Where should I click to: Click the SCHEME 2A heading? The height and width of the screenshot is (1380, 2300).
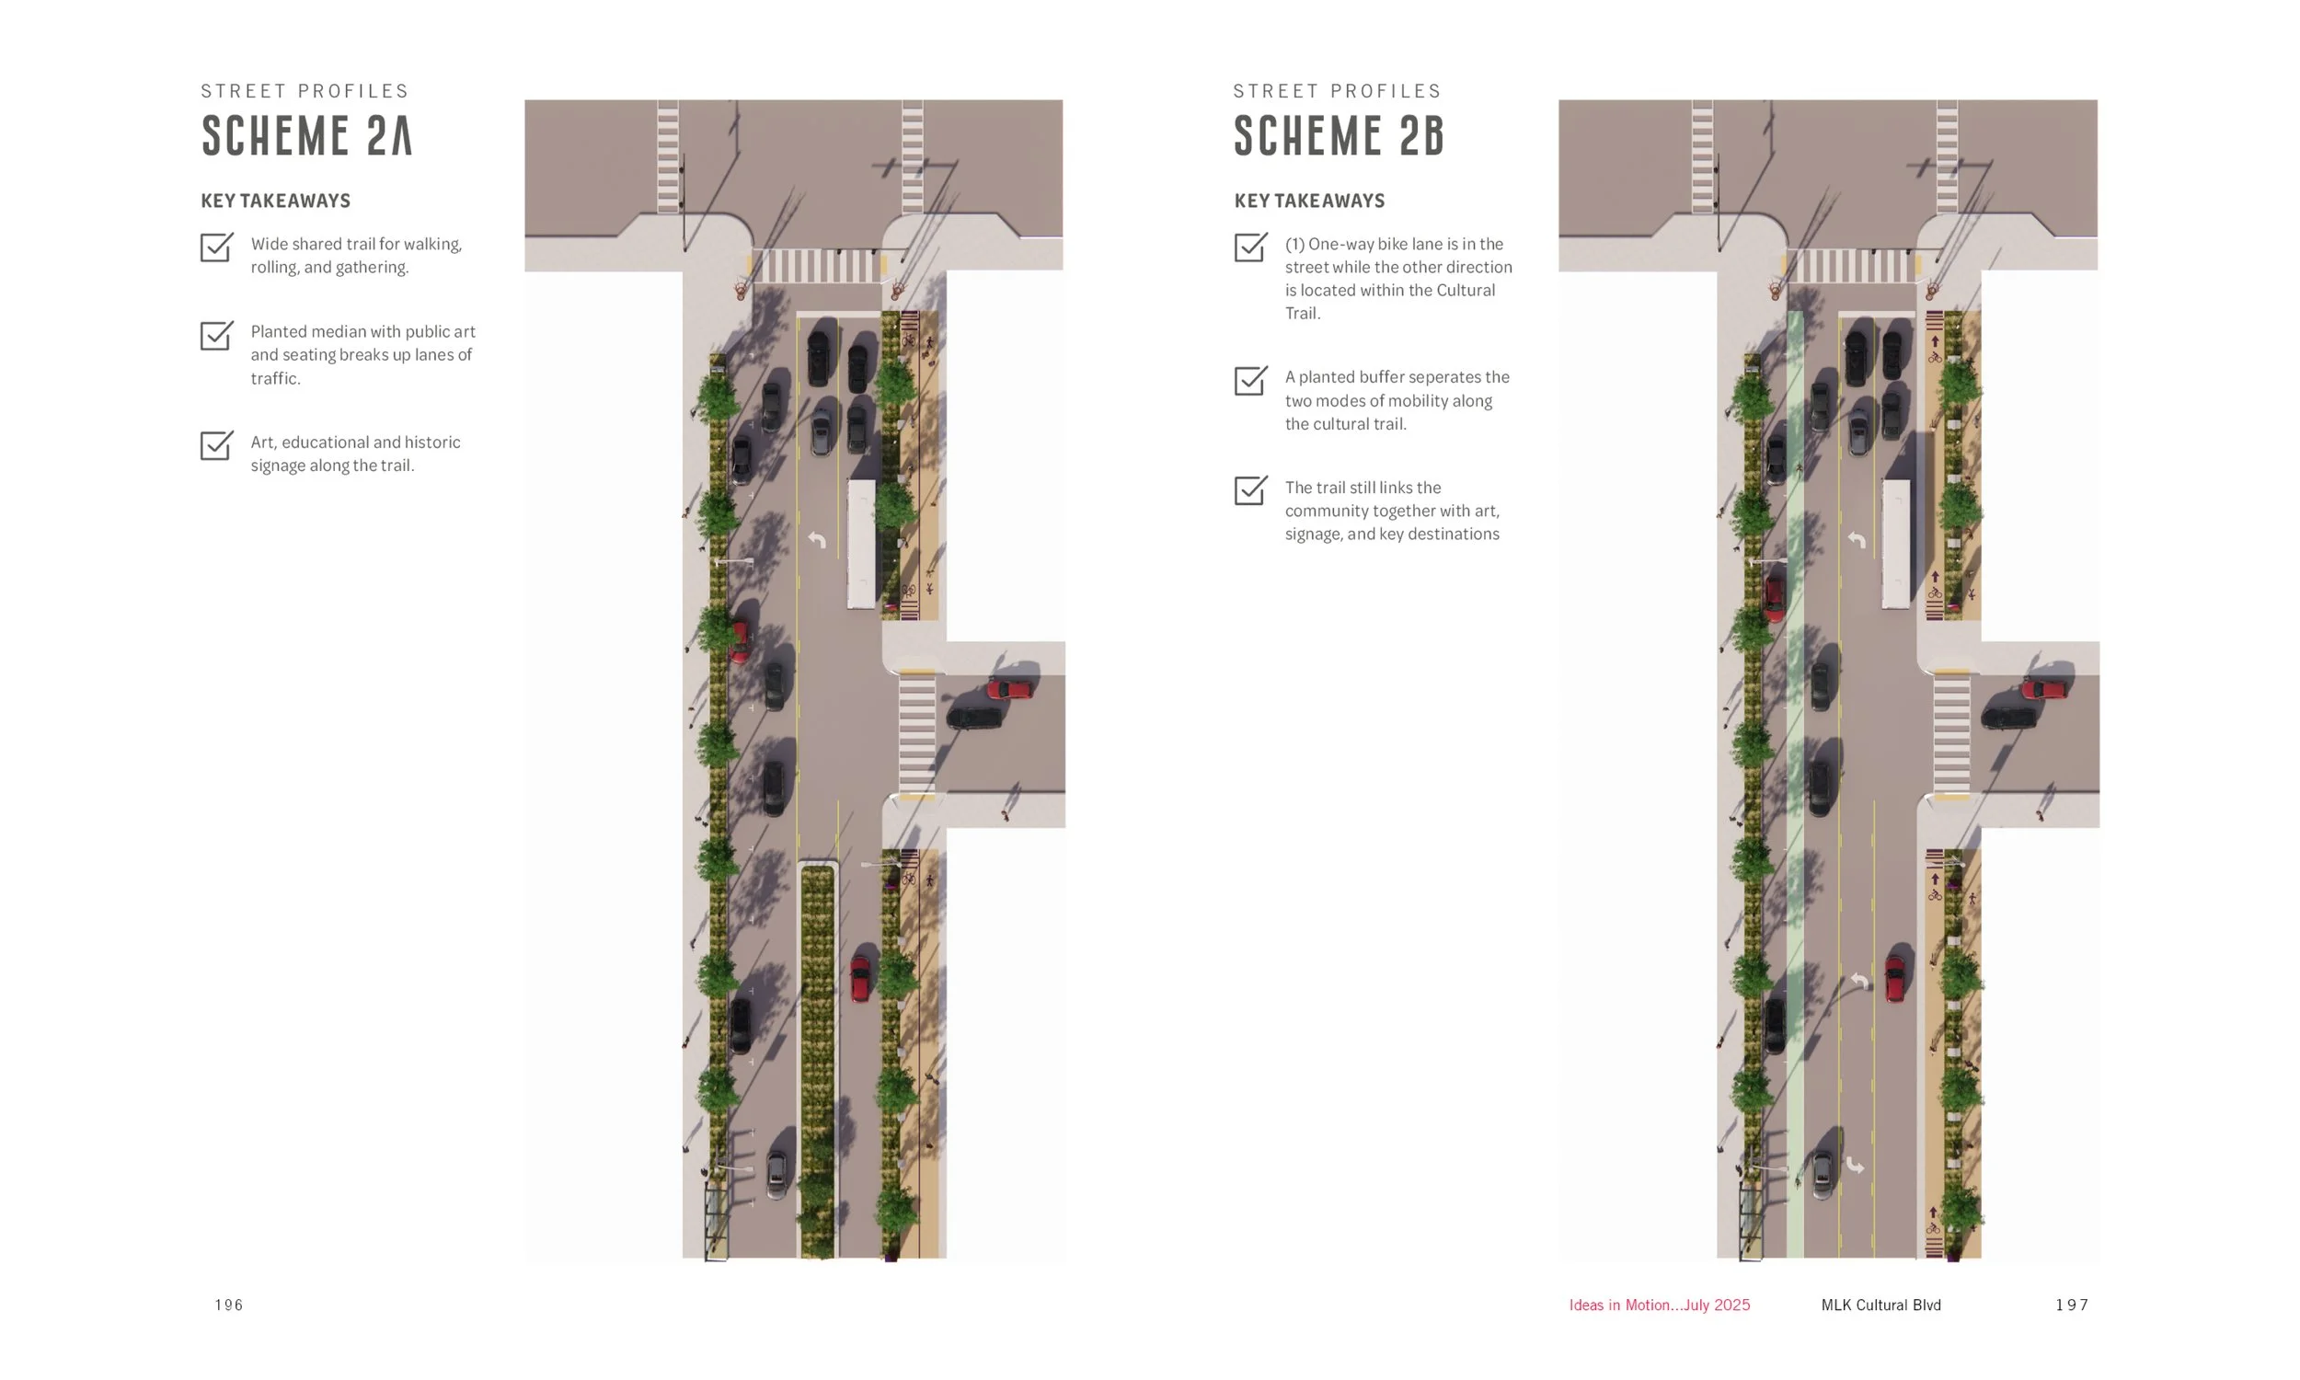pos(306,136)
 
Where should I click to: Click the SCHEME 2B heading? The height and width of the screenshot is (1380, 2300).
pos(1339,136)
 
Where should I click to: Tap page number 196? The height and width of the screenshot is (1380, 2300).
pos(229,1305)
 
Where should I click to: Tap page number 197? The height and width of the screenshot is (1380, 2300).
pos(2071,1305)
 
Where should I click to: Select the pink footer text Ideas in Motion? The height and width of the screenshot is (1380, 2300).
pos(1659,1305)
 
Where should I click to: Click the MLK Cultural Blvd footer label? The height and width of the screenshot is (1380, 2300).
pos(1880,1305)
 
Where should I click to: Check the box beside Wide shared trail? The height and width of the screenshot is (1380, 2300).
pos(216,247)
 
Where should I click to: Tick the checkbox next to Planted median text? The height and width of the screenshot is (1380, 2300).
pos(216,335)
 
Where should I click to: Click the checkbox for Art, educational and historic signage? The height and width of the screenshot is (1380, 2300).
pos(216,444)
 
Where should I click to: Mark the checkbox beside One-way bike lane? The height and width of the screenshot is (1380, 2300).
pos(1250,247)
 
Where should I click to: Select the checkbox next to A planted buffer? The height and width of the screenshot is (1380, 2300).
pos(1250,379)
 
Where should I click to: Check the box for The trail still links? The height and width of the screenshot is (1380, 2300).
pos(1250,490)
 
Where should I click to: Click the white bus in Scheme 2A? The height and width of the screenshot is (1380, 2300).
pos(862,544)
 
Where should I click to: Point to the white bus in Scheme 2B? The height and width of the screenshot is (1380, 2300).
pos(1895,544)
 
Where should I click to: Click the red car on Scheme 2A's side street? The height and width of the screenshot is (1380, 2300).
pos(1009,689)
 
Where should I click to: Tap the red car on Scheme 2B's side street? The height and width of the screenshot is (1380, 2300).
pos(2043,689)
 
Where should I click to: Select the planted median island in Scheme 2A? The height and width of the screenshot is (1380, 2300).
pos(817,1060)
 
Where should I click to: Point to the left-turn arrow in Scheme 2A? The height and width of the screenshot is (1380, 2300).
pos(817,539)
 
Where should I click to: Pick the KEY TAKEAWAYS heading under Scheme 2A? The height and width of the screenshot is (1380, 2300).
pos(275,201)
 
